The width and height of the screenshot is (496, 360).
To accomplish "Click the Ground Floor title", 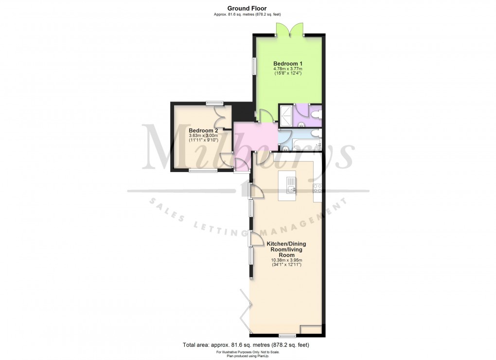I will (248, 8).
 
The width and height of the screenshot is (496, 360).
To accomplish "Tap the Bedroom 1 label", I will (287, 64).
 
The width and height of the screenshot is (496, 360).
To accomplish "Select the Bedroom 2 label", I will (203, 131).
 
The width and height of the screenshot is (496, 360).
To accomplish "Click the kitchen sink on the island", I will (291, 189).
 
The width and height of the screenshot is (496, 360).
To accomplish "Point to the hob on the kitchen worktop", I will (318, 189).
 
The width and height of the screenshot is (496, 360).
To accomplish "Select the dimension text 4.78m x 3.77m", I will (287, 69).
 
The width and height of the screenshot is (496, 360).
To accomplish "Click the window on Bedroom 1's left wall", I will (253, 66).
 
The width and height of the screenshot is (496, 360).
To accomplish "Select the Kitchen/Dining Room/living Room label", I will (286, 249).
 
